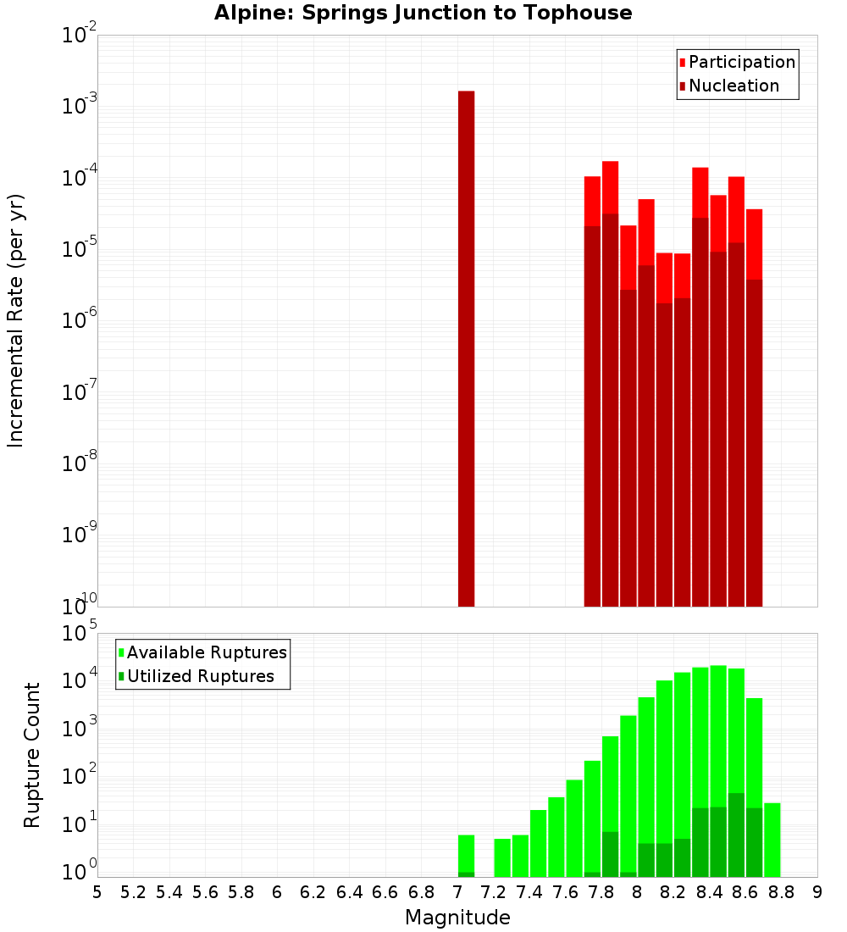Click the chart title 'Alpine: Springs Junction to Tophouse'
423,13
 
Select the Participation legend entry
741,62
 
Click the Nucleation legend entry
733,86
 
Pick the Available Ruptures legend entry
206,652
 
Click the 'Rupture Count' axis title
32,754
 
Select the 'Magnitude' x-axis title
457,917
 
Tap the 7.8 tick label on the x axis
601,891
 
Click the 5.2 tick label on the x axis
133,891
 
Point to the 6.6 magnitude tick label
385,891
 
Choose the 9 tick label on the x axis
817,891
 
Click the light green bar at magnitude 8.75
772,839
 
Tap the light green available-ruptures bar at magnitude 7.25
502,857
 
